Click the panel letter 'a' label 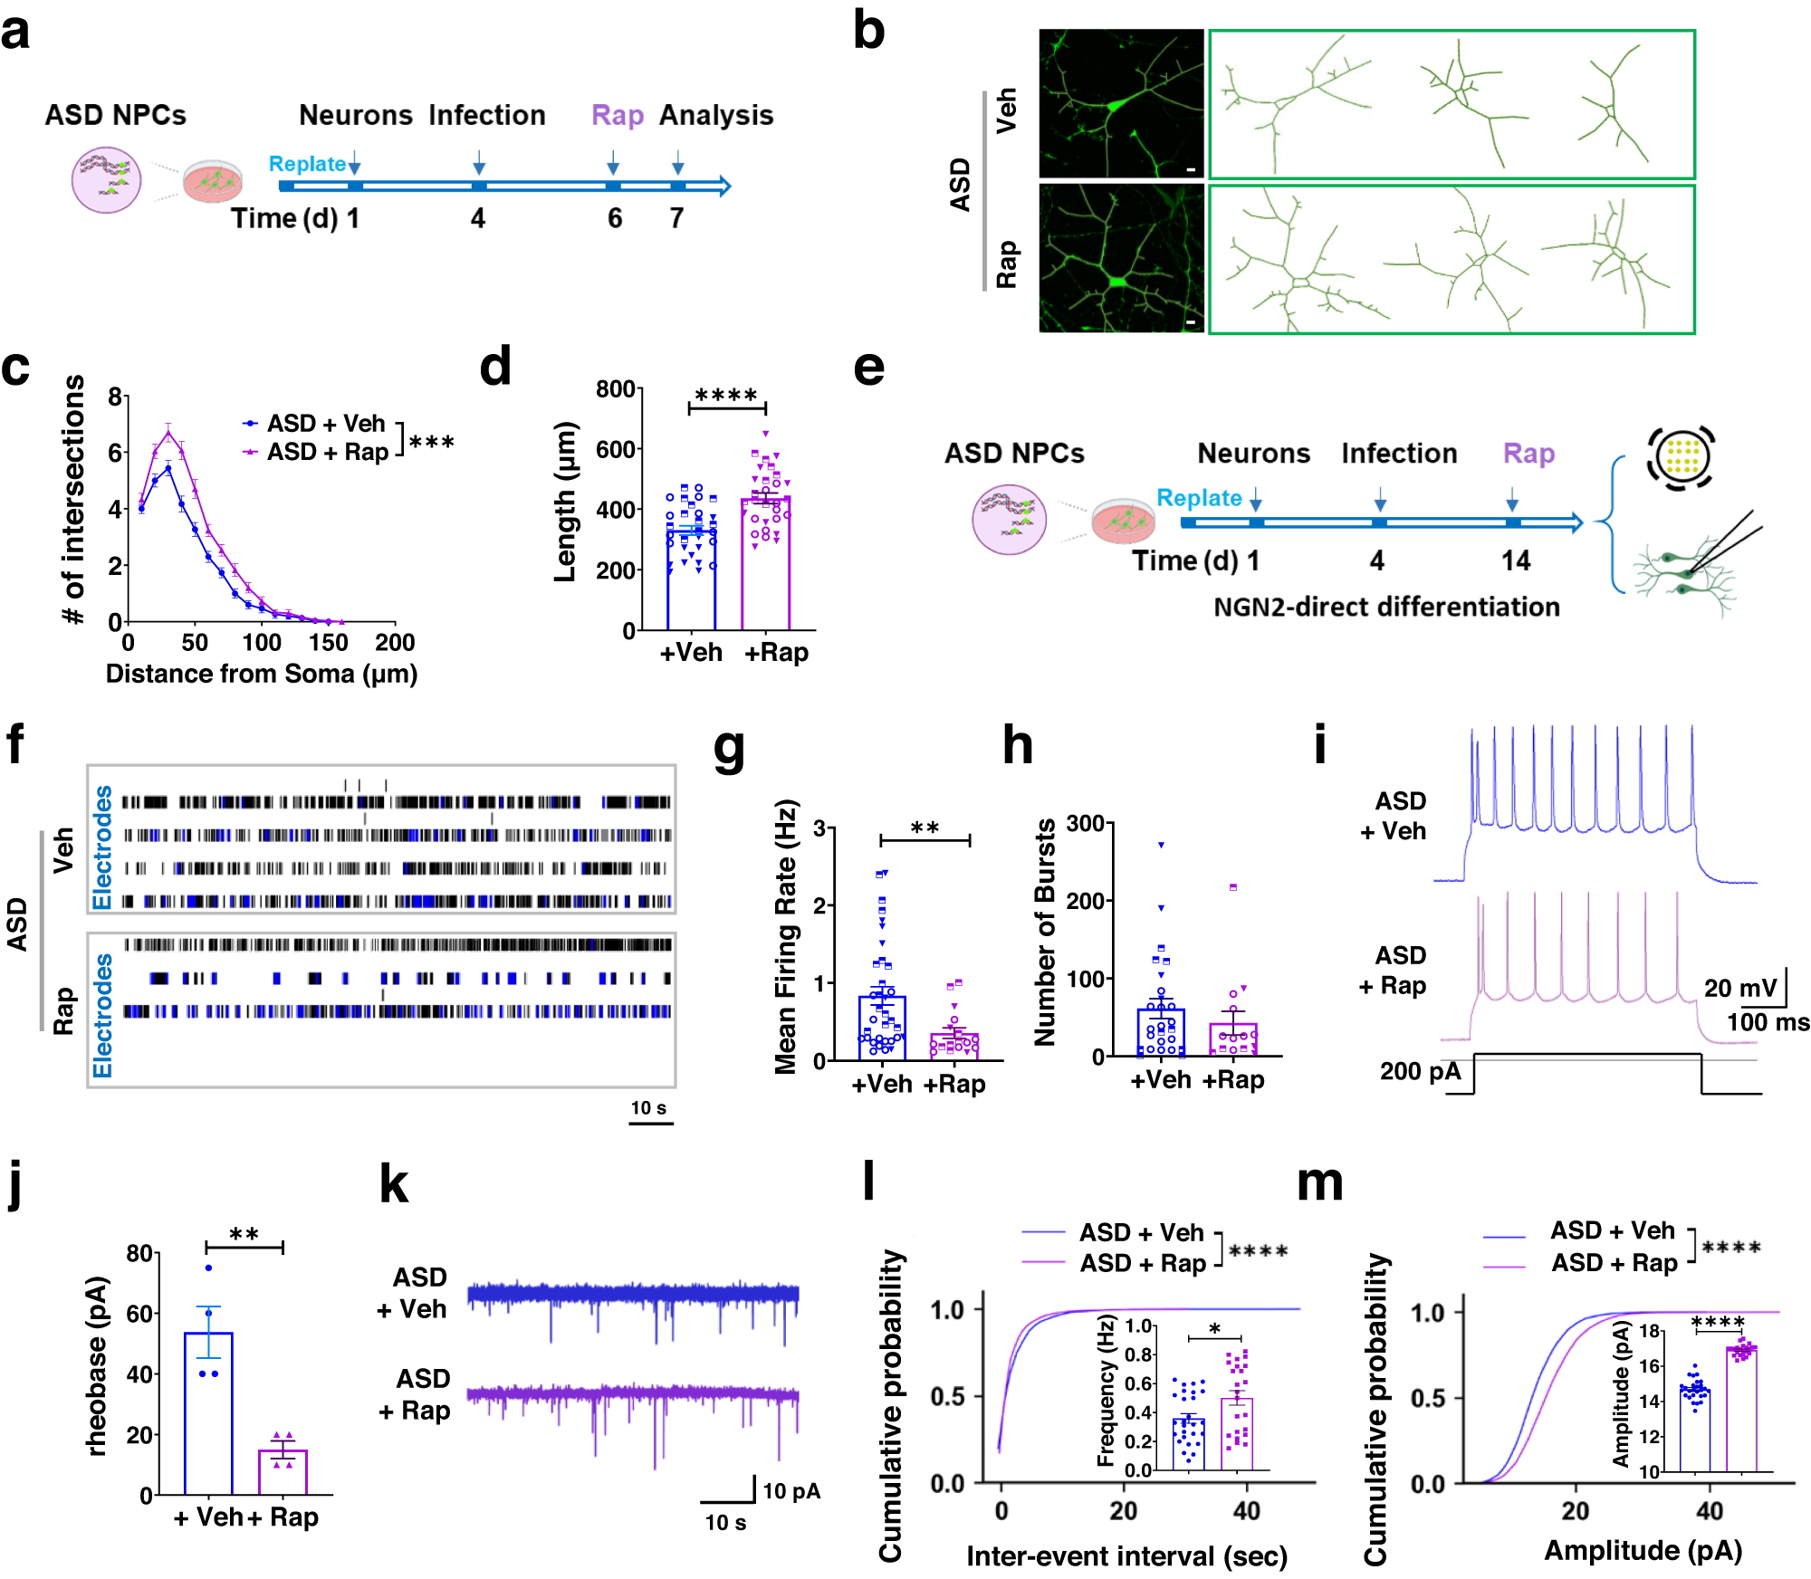[15, 33]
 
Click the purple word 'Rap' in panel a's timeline [617, 116]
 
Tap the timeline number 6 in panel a [615, 218]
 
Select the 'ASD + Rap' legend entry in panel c [326, 452]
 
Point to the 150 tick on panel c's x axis [328, 643]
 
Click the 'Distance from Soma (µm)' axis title [261, 674]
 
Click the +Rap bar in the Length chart [765, 562]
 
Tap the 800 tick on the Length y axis [615, 389]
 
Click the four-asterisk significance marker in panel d [726, 396]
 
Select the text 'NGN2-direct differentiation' [1386, 607]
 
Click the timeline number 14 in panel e [1515, 561]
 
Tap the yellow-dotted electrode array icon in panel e [1681, 457]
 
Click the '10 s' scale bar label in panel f [648, 1108]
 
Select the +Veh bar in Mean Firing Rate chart [881, 1028]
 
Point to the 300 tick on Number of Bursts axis [1085, 824]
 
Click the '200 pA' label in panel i [1420, 1072]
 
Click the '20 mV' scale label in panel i [1739, 988]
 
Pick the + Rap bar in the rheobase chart [283, 1471]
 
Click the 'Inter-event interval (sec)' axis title [1126, 1556]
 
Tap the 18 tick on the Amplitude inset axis [1649, 1331]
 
